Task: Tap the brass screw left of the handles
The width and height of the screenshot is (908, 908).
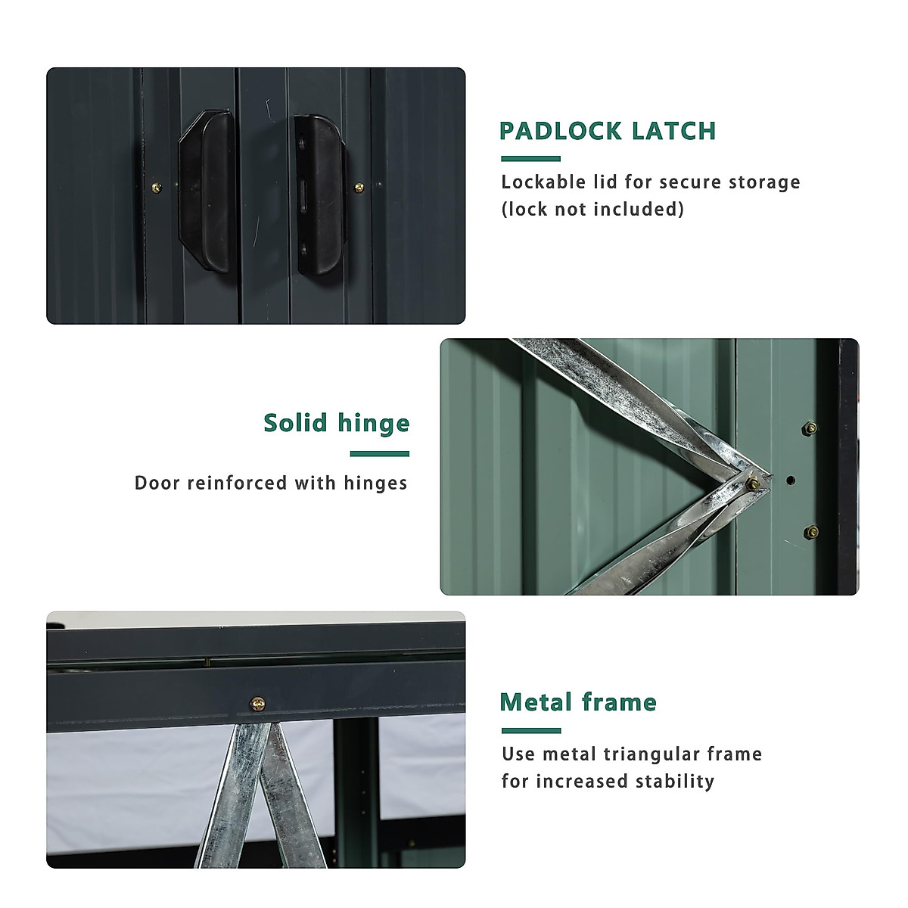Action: click(x=157, y=188)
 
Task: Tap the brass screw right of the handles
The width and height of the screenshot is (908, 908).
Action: click(x=359, y=187)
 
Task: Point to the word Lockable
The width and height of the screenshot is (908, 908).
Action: click(x=543, y=182)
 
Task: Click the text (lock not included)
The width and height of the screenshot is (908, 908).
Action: click(x=592, y=209)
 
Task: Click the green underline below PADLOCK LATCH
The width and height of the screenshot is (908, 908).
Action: click(x=530, y=159)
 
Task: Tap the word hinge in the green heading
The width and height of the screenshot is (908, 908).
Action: click(x=374, y=424)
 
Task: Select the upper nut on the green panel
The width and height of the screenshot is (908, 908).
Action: click(x=810, y=428)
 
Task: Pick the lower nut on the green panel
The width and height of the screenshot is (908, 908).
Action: click(x=810, y=532)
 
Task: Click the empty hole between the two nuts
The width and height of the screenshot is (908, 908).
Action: click(x=791, y=480)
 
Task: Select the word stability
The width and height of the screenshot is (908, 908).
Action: click(x=674, y=781)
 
